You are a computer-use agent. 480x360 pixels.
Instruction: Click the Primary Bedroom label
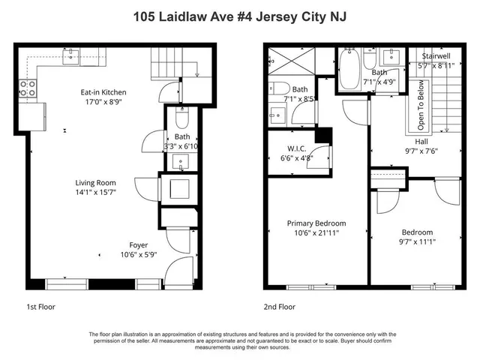pyautogui.click(x=316, y=223)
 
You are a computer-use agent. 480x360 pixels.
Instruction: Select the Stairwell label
pyautogui.click(x=436, y=56)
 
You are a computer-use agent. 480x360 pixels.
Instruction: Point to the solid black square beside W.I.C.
pyautogui.click(x=323, y=136)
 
